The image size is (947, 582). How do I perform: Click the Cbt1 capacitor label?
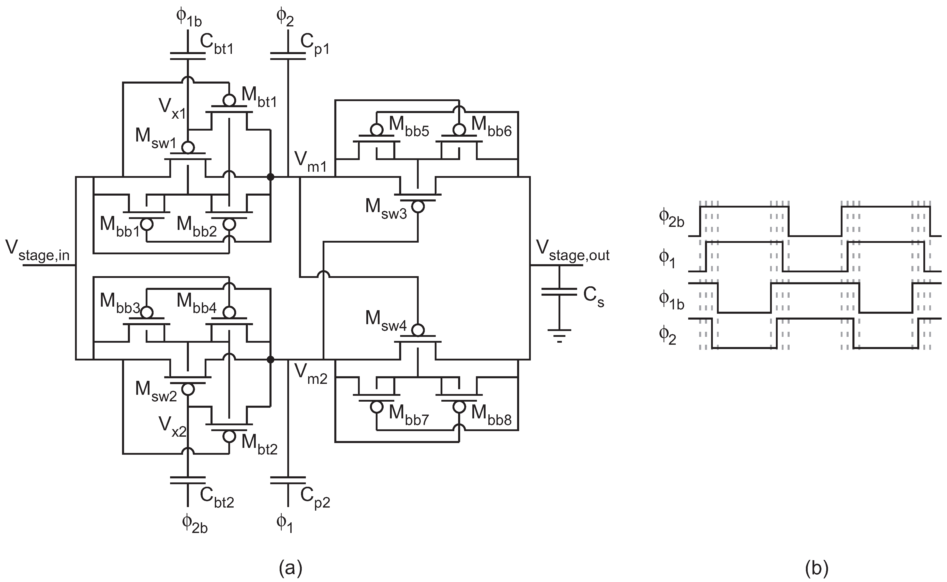click(216, 45)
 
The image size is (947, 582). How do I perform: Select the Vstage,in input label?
click(37, 251)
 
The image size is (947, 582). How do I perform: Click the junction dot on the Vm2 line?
click(271, 359)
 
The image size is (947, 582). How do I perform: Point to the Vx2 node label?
click(172, 426)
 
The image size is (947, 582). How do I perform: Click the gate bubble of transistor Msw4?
click(418, 330)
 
